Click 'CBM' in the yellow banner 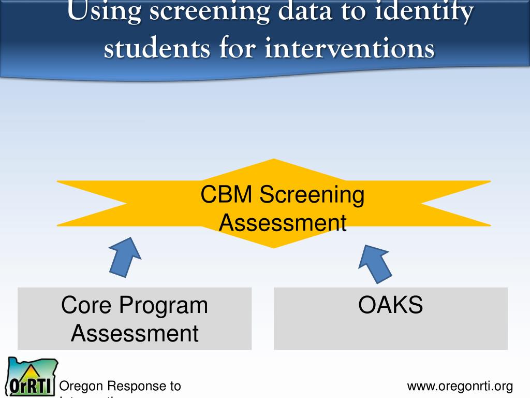(x=226, y=195)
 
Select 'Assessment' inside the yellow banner (x=283, y=223)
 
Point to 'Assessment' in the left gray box (x=135, y=333)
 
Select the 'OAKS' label (x=390, y=305)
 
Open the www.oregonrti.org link (x=460, y=386)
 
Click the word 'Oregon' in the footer (x=82, y=386)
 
